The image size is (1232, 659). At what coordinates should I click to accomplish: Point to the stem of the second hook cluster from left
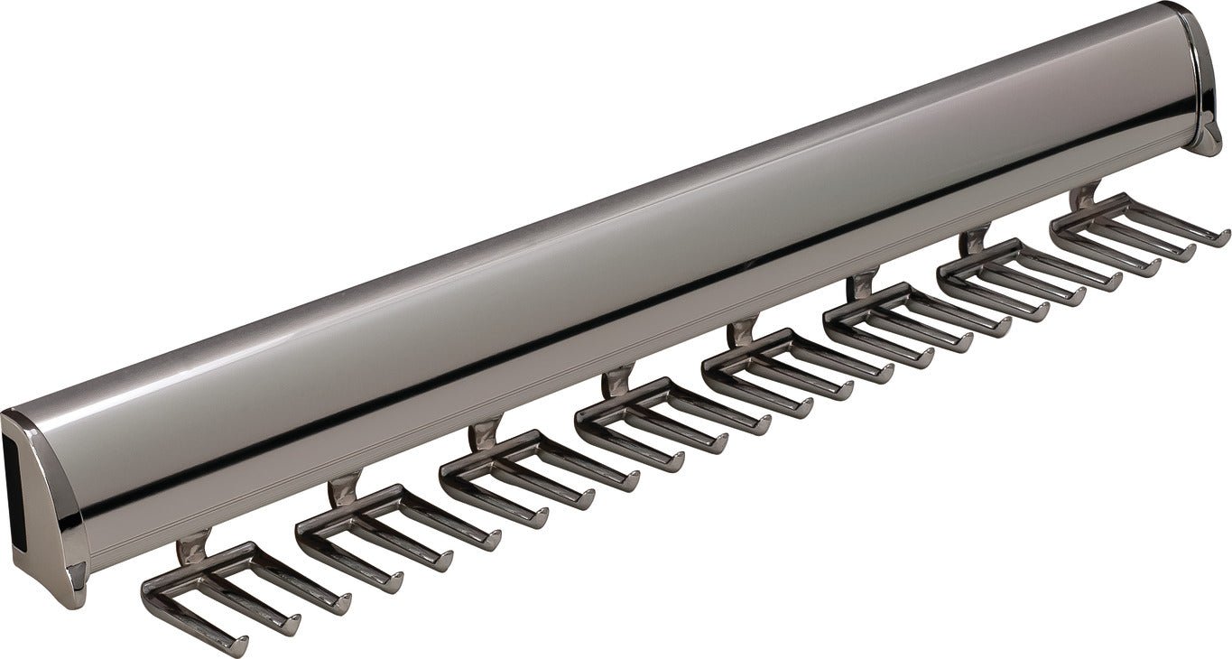pyautogui.click(x=340, y=493)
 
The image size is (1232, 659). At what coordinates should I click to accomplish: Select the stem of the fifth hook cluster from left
pyautogui.click(x=743, y=329)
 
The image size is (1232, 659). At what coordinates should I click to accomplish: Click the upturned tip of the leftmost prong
pyautogui.click(x=243, y=643)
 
